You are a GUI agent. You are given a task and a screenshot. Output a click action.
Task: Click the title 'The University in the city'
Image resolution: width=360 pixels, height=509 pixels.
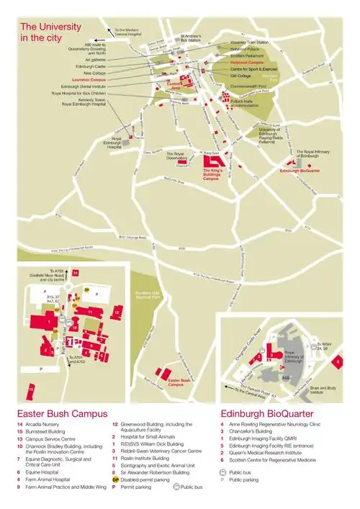pos(51,30)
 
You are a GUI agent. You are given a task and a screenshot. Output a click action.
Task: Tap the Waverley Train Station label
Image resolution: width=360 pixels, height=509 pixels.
pos(251,42)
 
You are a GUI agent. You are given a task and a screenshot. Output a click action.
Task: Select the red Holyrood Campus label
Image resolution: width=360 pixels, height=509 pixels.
pos(249,62)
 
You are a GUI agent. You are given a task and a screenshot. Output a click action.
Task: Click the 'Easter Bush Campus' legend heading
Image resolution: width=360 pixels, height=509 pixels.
pos(62,414)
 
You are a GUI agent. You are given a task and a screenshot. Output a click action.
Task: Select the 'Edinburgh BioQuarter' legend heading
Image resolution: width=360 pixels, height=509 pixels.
pos(266,414)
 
